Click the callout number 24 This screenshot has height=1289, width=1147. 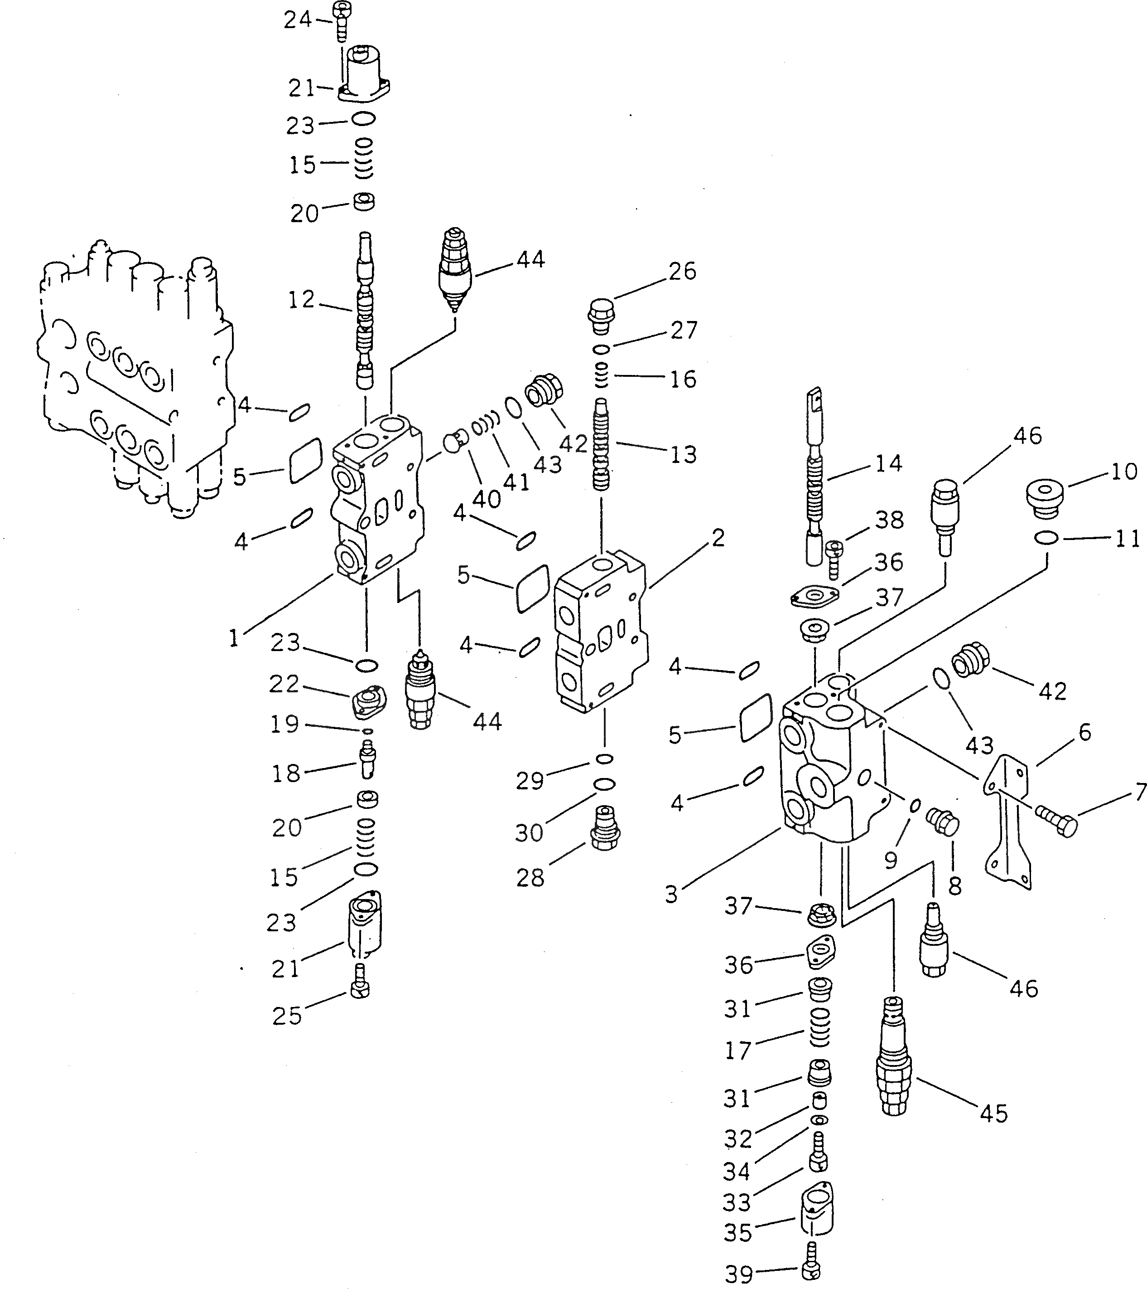(x=298, y=20)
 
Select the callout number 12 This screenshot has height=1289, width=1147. (x=301, y=300)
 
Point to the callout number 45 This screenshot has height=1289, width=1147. (x=994, y=1114)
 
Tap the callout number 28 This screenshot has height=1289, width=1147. (x=530, y=877)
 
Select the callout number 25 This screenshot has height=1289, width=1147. (x=287, y=1016)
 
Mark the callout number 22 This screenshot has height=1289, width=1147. (x=284, y=684)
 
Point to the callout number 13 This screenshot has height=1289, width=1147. (x=683, y=454)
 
